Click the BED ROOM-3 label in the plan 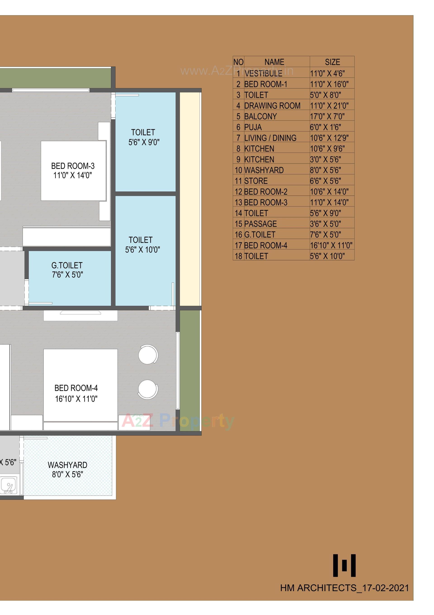(x=73, y=166)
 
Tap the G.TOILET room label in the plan (x=67, y=265)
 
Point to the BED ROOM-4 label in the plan (x=76, y=388)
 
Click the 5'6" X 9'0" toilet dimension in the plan (x=144, y=142)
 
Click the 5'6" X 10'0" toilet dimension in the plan (x=143, y=250)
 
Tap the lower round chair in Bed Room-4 (x=148, y=389)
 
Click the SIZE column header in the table (x=332, y=62)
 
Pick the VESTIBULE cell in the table (x=263, y=73)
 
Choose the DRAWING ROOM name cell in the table (x=272, y=105)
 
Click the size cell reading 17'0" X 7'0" (x=327, y=116)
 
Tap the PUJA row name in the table (x=253, y=127)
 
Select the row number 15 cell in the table (x=238, y=224)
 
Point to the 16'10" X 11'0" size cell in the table (x=331, y=245)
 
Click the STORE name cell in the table (x=256, y=181)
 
